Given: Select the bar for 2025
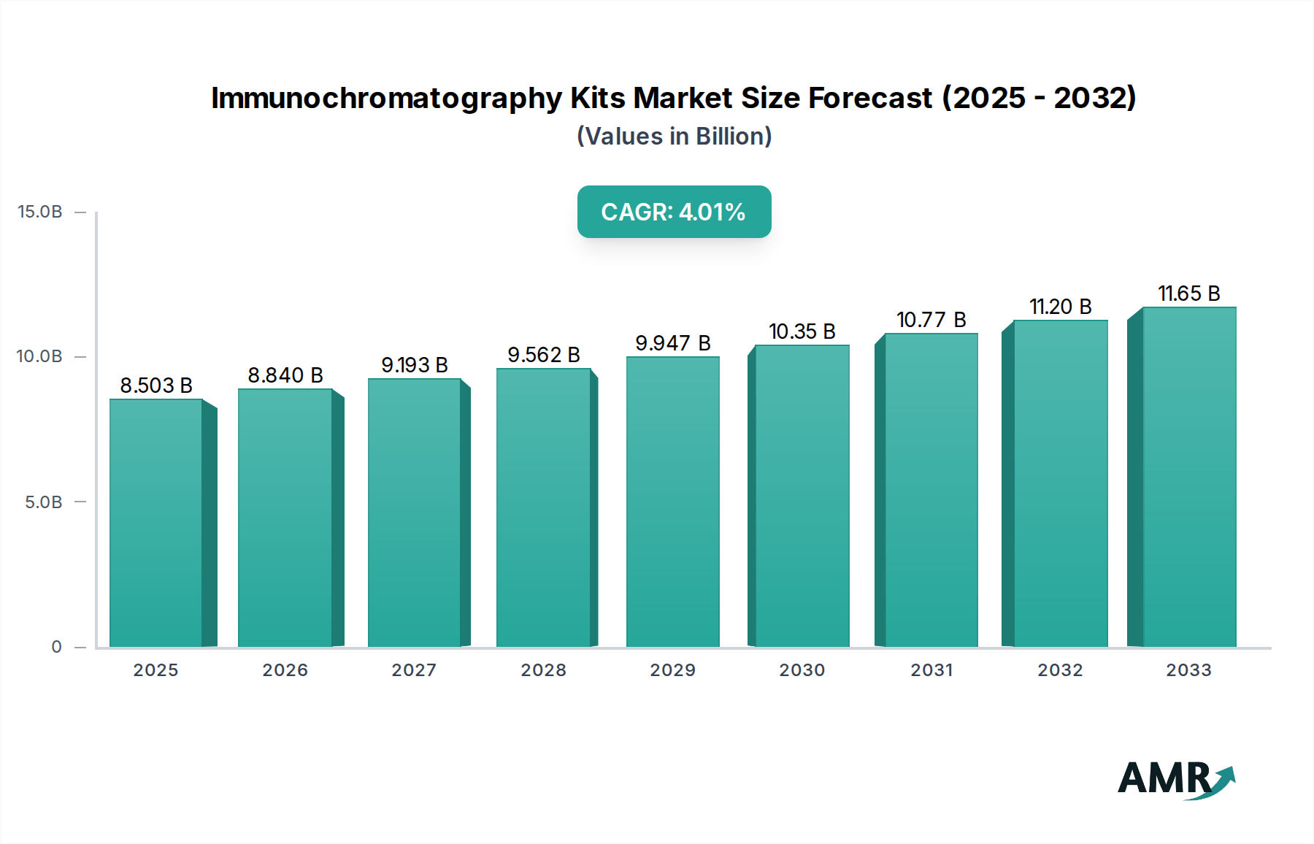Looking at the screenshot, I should coord(155,522).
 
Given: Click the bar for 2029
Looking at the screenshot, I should coord(672,502).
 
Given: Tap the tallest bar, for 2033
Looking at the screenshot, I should coord(1189,476).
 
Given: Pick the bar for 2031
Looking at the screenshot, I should coord(931,489).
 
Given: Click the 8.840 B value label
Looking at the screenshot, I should coord(285,375).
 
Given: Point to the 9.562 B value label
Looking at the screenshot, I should coord(544,355).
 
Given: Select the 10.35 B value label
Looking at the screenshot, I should coord(802,331).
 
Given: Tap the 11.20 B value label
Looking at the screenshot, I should coord(1060,307).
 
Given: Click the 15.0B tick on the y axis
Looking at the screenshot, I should coord(40,212).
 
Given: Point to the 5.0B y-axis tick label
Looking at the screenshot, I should coord(43,502).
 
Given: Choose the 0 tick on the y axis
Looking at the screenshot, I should coord(56,647).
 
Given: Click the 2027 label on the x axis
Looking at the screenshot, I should coord(414,670).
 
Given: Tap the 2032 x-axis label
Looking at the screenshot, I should coord(1060,670).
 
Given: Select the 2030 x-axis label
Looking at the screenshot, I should coord(802,670).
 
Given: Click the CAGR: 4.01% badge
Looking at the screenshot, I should coord(674,212).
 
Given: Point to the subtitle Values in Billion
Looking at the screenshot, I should coord(674,137).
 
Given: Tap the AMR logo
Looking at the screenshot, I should coord(1166,778).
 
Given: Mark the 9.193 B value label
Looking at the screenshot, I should coord(415,365).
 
